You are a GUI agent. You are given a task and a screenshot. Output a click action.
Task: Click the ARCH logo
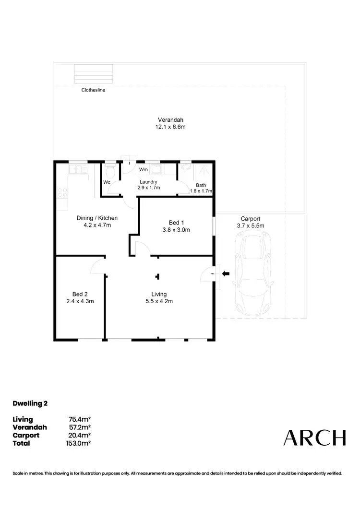(x=314, y=438)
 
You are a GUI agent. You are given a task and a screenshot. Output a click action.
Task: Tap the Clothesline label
(x=93, y=90)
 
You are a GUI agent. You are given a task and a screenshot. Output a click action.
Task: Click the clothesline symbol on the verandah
(x=94, y=73)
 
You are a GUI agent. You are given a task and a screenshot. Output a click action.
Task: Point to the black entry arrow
(x=226, y=274)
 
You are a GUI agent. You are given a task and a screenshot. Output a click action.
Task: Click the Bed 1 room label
(x=177, y=223)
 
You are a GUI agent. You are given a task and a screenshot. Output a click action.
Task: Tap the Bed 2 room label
(x=80, y=294)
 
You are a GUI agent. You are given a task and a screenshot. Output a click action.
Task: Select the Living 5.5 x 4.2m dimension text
(x=159, y=301)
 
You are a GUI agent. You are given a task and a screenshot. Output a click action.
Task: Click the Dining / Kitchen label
(x=97, y=218)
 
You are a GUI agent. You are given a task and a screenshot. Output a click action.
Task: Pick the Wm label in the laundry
(x=143, y=170)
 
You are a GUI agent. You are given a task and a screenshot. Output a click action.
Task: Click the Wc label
(x=108, y=182)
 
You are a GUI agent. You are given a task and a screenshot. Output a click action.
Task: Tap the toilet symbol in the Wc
(x=110, y=171)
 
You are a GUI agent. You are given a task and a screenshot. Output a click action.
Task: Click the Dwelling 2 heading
(x=30, y=403)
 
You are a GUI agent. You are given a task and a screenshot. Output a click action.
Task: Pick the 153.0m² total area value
(x=80, y=443)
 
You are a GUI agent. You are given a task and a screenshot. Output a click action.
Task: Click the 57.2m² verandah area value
(x=80, y=427)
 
